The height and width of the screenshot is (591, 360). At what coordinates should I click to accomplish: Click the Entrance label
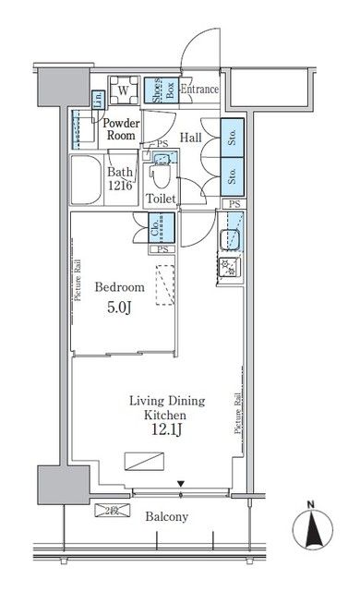pos(198,90)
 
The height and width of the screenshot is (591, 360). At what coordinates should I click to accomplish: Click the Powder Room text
pos(120,128)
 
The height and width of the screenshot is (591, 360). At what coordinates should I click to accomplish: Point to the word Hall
pos(191,138)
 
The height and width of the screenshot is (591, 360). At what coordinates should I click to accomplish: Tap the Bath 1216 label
pos(121,178)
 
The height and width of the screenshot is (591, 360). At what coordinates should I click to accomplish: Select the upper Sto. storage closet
pos(232,139)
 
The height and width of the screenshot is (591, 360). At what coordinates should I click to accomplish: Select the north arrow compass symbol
pos(311,528)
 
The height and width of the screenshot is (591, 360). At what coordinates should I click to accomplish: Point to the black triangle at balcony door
pos(182,484)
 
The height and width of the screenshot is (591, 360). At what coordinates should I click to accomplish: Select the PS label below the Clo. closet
pos(162,248)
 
